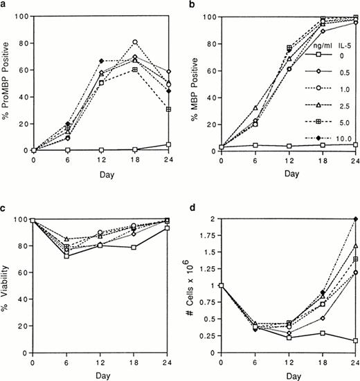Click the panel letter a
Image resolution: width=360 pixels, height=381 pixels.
4,5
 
